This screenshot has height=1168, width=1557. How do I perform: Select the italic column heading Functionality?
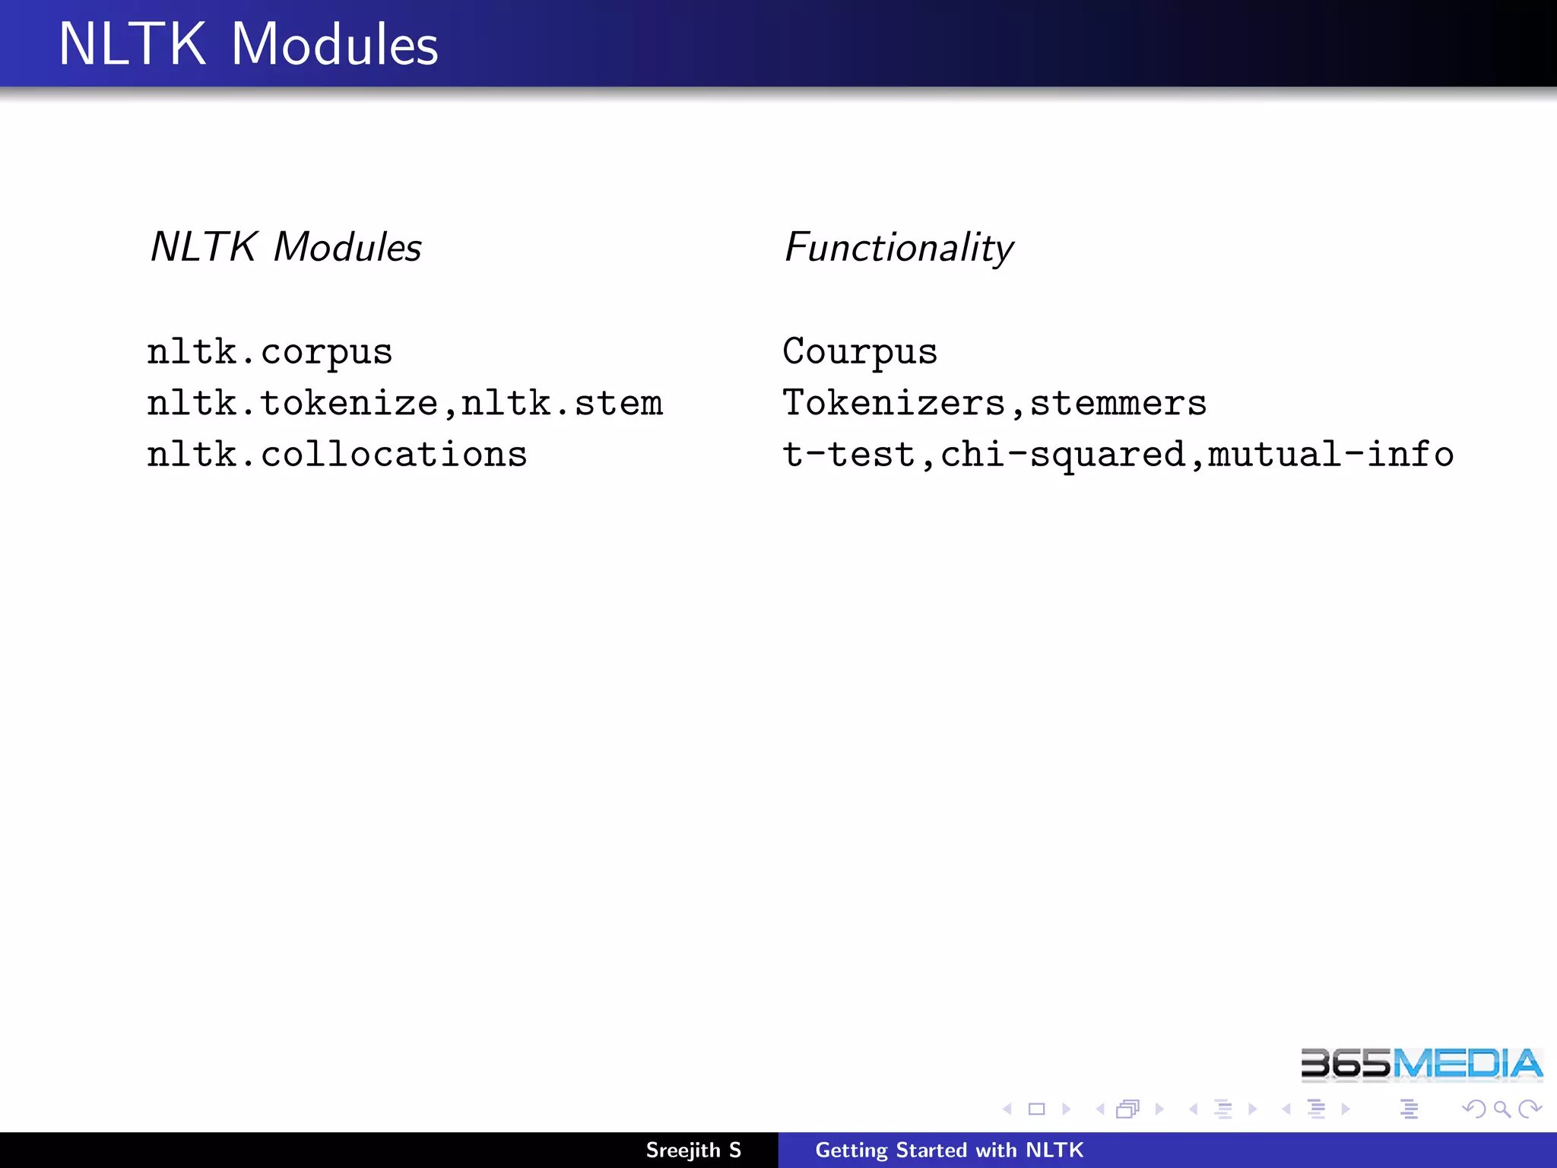pos(899,248)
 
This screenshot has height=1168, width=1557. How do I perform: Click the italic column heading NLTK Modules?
pos(286,248)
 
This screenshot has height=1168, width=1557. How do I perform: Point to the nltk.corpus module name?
pos(270,352)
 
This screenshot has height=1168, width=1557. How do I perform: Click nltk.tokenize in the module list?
pos(293,403)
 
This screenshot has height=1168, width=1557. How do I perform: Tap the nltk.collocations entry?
pos(337,455)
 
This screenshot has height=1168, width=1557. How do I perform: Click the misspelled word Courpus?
pos(860,352)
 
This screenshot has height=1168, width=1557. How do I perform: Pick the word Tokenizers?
pos(894,403)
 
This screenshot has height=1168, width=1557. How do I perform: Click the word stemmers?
pos(1118,403)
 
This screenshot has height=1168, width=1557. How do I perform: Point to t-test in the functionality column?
pos(848,455)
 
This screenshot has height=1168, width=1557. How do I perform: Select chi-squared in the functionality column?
pos(1063,455)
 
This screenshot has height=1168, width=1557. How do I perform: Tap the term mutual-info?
pos(1330,455)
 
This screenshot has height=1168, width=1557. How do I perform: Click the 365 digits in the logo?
pos(1346,1064)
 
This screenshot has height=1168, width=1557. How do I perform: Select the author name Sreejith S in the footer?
pos(693,1151)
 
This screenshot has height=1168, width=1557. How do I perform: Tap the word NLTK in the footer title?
pos(1054,1151)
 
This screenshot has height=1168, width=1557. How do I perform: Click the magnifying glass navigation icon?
pos(1502,1109)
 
